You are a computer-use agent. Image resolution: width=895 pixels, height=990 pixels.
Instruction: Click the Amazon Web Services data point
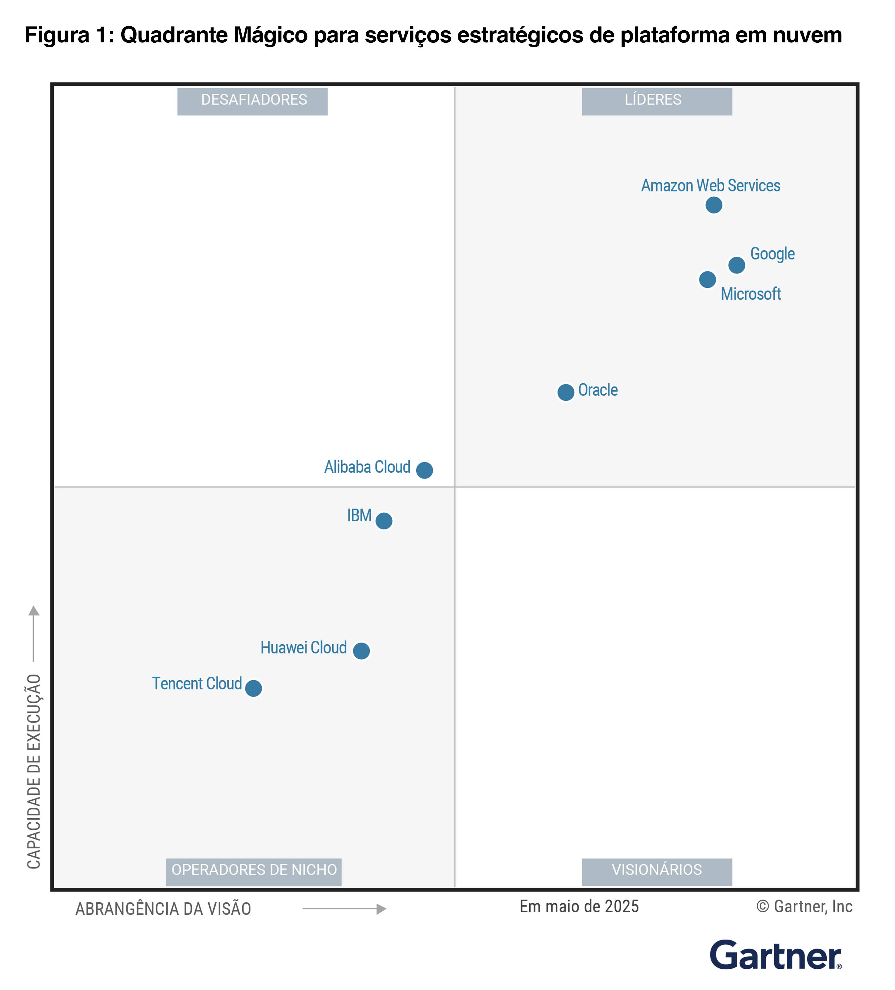[x=713, y=205]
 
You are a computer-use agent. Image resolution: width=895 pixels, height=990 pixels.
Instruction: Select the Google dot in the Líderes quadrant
[x=736, y=265]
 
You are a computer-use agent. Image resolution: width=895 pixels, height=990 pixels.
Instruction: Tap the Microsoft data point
[x=707, y=279]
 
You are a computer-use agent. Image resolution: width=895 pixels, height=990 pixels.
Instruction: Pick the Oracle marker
[x=566, y=392]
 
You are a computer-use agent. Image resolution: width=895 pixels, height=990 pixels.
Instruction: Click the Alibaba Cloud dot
[x=424, y=470]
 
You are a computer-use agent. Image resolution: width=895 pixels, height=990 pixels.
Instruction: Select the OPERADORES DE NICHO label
[x=253, y=872]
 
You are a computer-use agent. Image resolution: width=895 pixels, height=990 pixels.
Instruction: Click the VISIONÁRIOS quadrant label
[x=656, y=872]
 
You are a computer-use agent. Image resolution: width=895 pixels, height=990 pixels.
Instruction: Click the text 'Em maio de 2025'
[x=579, y=906]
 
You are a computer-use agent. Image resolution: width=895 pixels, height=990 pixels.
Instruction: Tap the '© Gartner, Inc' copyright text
[x=804, y=906]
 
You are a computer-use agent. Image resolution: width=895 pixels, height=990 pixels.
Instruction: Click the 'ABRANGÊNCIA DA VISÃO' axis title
[x=163, y=909]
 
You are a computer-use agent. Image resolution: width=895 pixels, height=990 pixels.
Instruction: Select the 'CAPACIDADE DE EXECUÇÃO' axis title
[x=34, y=771]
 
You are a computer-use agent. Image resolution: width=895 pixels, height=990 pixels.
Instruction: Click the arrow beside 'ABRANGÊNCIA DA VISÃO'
[x=344, y=909]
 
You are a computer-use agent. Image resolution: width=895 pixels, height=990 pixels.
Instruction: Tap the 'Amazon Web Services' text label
[x=710, y=186]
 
